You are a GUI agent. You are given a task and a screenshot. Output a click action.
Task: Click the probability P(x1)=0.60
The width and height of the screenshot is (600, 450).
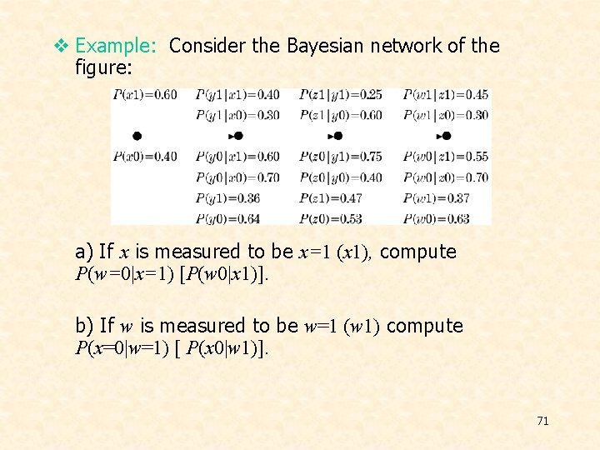point(145,95)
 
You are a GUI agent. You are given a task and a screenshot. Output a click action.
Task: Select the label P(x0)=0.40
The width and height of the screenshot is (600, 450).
point(145,157)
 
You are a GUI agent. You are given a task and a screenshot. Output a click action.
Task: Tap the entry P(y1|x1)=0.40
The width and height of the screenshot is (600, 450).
point(237,95)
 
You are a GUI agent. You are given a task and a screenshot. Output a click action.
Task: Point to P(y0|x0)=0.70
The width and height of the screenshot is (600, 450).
point(237,177)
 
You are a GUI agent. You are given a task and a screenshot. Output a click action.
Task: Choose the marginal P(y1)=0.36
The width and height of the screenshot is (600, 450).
point(228,198)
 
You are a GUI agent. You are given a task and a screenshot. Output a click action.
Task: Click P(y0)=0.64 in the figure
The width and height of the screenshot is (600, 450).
point(228,219)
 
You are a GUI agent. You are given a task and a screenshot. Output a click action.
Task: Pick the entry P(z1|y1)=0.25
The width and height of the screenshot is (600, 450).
point(340,95)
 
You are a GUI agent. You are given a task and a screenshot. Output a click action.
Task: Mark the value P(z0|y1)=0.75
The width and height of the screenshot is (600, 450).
point(340,157)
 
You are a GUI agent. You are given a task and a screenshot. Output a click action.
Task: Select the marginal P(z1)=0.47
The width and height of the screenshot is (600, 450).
point(331,198)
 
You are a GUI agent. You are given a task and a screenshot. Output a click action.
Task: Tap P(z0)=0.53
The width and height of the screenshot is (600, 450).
point(331,219)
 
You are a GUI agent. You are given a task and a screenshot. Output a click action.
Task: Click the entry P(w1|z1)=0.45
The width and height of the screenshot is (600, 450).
point(446,95)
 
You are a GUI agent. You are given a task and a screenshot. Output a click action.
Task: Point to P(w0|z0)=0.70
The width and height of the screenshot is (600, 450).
point(446,177)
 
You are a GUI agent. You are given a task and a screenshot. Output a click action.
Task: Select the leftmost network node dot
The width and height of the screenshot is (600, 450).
point(137,136)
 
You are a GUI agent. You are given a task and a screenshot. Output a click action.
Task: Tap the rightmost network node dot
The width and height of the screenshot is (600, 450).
point(447,136)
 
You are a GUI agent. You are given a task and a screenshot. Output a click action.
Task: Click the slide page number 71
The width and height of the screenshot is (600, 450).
point(542,421)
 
